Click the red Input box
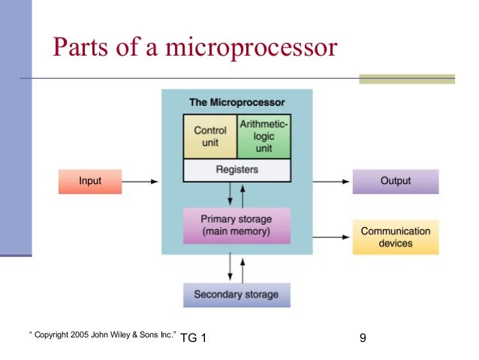tap(90, 182)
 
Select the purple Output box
tap(396, 182)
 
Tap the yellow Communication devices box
tap(396, 237)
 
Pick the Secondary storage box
tap(236, 295)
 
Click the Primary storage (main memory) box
tap(236, 225)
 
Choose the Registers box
tap(236, 171)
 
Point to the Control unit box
tap(210, 136)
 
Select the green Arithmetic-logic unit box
tap(264, 136)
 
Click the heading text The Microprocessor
tap(236, 102)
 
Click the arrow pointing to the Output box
tap(331, 182)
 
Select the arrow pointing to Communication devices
tap(331, 237)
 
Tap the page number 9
tap(363, 338)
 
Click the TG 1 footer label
tap(194, 338)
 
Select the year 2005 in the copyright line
tap(78, 333)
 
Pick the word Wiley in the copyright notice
tap(123, 333)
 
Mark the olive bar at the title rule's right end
tap(407, 78)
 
